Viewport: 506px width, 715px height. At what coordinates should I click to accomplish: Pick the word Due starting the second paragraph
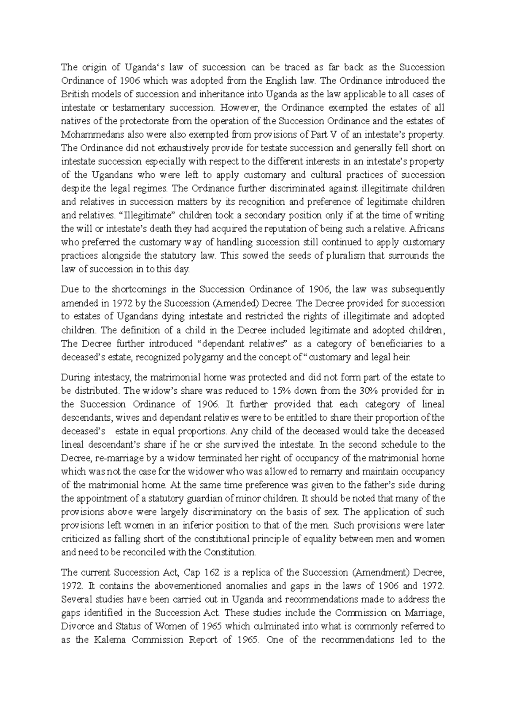point(69,290)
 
